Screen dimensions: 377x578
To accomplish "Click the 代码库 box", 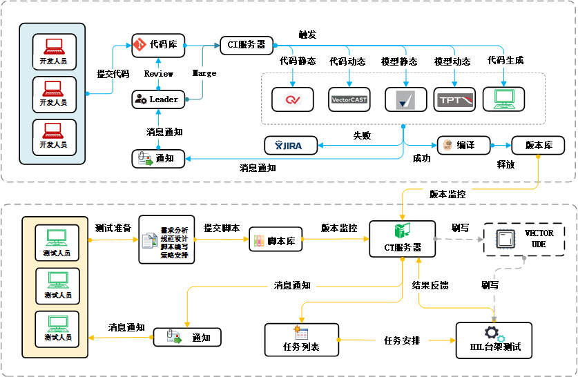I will pyautogui.click(x=158, y=45).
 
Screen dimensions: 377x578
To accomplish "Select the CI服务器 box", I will pyautogui.click(x=246, y=45).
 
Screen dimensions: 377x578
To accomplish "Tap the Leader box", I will pyautogui.click(x=158, y=99).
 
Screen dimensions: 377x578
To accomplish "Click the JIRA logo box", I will pyautogui.click(x=291, y=145).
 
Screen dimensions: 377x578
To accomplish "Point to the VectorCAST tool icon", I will pyautogui.click(x=349, y=99).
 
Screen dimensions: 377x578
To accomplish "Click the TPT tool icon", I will pyautogui.click(x=454, y=99).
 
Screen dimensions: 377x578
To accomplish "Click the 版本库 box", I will pyautogui.click(x=538, y=145).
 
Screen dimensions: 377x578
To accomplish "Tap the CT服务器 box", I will pyautogui.click(x=402, y=239).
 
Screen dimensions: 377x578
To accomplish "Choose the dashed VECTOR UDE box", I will pyautogui.click(x=523, y=239).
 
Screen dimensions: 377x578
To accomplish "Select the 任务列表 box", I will pyautogui.click(x=302, y=339).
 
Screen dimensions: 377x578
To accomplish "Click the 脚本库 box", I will pyautogui.click(x=276, y=241).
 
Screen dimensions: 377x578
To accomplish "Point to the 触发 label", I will pyautogui.click(x=307, y=34).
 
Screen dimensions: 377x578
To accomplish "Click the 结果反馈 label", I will pyautogui.click(x=430, y=284).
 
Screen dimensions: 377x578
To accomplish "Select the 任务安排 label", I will pyautogui.click(x=402, y=340).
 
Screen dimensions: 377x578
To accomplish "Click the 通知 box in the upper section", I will pyautogui.click(x=158, y=158).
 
